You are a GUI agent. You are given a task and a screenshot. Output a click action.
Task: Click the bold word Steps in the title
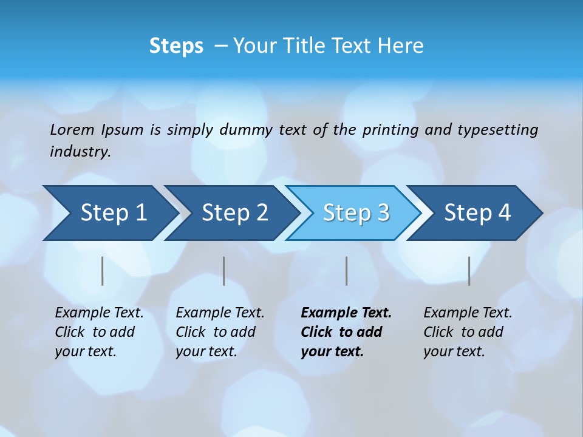176,46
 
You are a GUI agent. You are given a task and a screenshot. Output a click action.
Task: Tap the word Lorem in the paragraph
72,130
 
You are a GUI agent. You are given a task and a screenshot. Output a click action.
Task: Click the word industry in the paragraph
80,152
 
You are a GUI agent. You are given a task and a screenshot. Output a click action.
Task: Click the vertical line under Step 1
103,271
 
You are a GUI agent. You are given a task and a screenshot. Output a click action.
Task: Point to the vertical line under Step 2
224,271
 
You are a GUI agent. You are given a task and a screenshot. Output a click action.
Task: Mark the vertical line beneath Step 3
346,271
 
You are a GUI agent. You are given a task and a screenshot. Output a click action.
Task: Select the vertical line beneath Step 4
469,271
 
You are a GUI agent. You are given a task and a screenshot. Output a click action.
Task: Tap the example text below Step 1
98,332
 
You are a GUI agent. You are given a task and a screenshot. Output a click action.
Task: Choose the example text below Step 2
219,332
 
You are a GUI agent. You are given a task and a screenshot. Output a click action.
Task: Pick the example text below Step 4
467,332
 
